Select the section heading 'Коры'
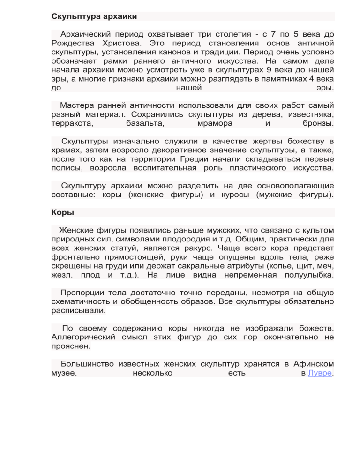(x=62, y=212)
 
